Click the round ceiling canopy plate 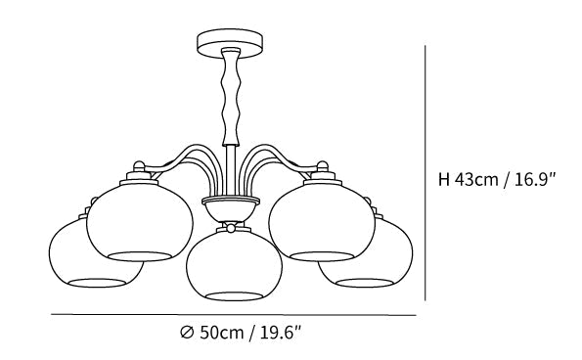(230, 43)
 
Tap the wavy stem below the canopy (231, 97)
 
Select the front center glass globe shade (234, 264)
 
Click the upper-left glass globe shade (140, 222)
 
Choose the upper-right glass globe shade (322, 222)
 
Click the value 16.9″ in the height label (533, 180)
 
